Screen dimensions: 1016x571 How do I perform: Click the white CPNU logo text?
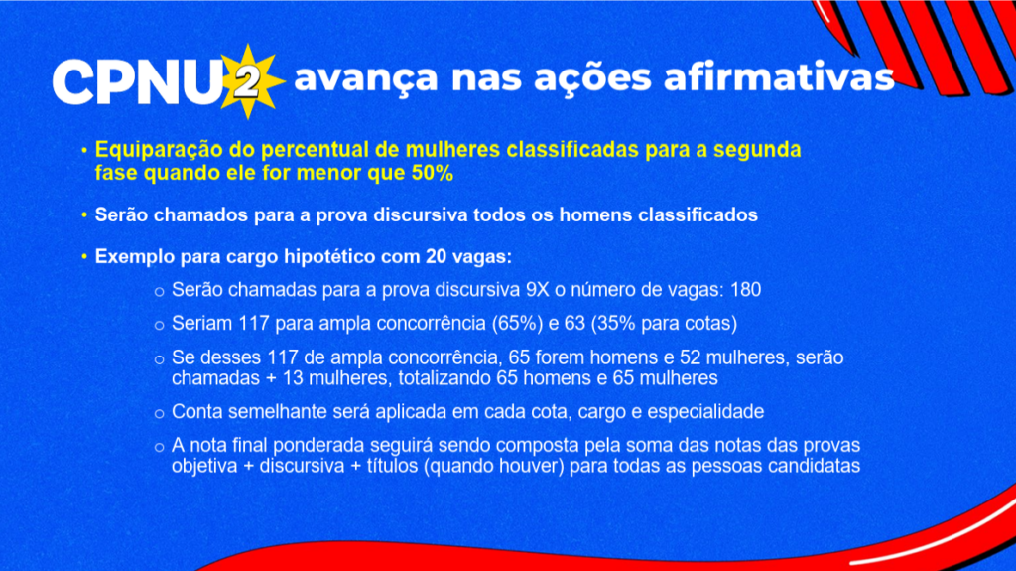pos(137,81)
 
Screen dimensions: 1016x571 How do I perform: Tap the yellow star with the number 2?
pos(248,81)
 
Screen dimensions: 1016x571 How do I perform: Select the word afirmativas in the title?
pos(779,76)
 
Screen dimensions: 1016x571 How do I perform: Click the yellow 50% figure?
pos(433,173)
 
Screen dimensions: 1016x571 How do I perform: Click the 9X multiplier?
pos(537,289)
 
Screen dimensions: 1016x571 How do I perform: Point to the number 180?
pos(746,289)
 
